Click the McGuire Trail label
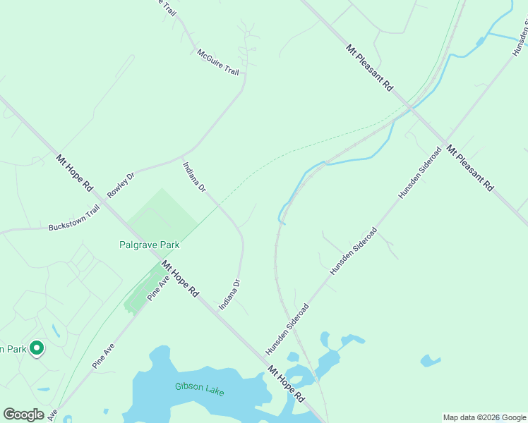[219, 62]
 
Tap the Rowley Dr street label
[120, 185]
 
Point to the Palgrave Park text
[148, 245]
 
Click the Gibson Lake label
[199, 388]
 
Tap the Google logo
[23, 415]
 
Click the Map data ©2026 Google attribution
[484, 417]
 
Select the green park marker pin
[37, 348]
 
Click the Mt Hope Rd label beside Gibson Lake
[285, 384]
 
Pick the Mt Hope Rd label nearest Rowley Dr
[75, 173]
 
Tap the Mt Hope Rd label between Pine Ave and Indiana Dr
[180, 278]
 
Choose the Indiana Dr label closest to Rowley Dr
[194, 178]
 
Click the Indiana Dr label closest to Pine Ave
[230, 295]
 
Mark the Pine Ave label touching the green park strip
[158, 288]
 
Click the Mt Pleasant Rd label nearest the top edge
[369, 68]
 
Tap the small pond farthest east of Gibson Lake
[431, 361]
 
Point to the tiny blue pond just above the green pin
[54, 330]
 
